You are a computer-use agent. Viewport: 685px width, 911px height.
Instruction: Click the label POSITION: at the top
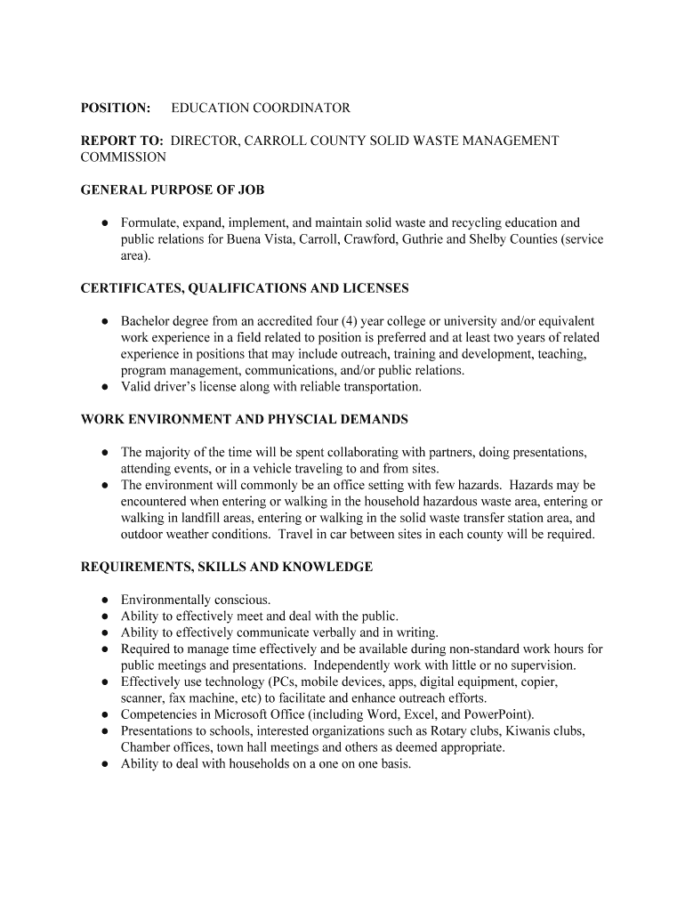tap(116, 109)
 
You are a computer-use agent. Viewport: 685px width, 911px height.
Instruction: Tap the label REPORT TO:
tap(122, 141)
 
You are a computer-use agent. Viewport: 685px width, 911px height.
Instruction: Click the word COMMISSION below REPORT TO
tap(123, 157)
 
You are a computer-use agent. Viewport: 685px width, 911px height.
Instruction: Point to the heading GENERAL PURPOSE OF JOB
tap(173, 190)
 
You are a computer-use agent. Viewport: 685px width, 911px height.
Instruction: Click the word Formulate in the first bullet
tap(149, 223)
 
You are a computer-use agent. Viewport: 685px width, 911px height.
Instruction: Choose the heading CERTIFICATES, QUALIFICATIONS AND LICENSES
tap(245, 289)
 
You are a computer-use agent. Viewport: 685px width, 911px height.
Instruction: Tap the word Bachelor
tap(146, 321)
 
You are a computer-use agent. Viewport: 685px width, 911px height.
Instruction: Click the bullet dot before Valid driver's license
tap(105, 388)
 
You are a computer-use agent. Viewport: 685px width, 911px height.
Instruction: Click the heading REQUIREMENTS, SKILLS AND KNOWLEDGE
tap(227, 567)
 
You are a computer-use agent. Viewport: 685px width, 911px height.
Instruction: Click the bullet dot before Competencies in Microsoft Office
tap(105, 714)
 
